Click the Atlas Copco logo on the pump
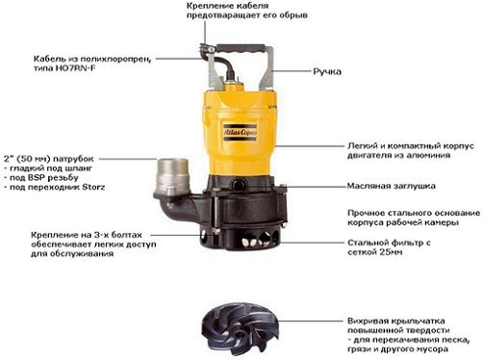pos(240,132)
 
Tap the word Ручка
pos(327,71)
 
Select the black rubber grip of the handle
pos(241,49)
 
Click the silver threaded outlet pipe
pos(172,176)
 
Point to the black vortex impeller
pos(241,328)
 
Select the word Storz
pos(93,187)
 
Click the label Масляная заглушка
pos(392,186)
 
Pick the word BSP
pos(35,177)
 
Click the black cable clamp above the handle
pos(207,49)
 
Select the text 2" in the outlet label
pos(9,159)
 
